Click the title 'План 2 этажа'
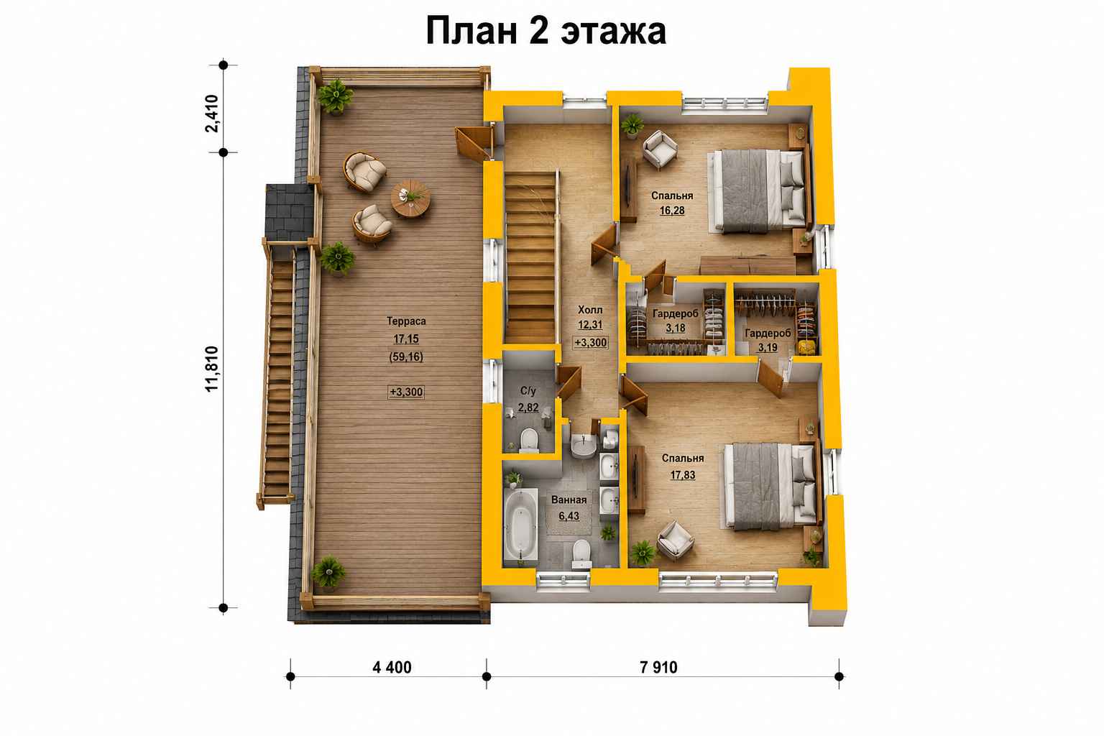546,31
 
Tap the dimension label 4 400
392,668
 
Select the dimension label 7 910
658,668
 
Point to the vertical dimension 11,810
212,369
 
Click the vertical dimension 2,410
212,114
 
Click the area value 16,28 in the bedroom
672,211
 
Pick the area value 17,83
683,474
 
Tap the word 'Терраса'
406,321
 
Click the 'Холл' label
590,310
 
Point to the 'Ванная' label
569,500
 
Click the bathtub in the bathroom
520,525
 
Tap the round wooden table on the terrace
410,198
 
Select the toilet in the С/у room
529,440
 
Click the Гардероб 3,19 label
768,340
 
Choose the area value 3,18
675,328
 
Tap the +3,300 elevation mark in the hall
590,343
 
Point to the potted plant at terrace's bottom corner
328,572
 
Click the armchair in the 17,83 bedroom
675,540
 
